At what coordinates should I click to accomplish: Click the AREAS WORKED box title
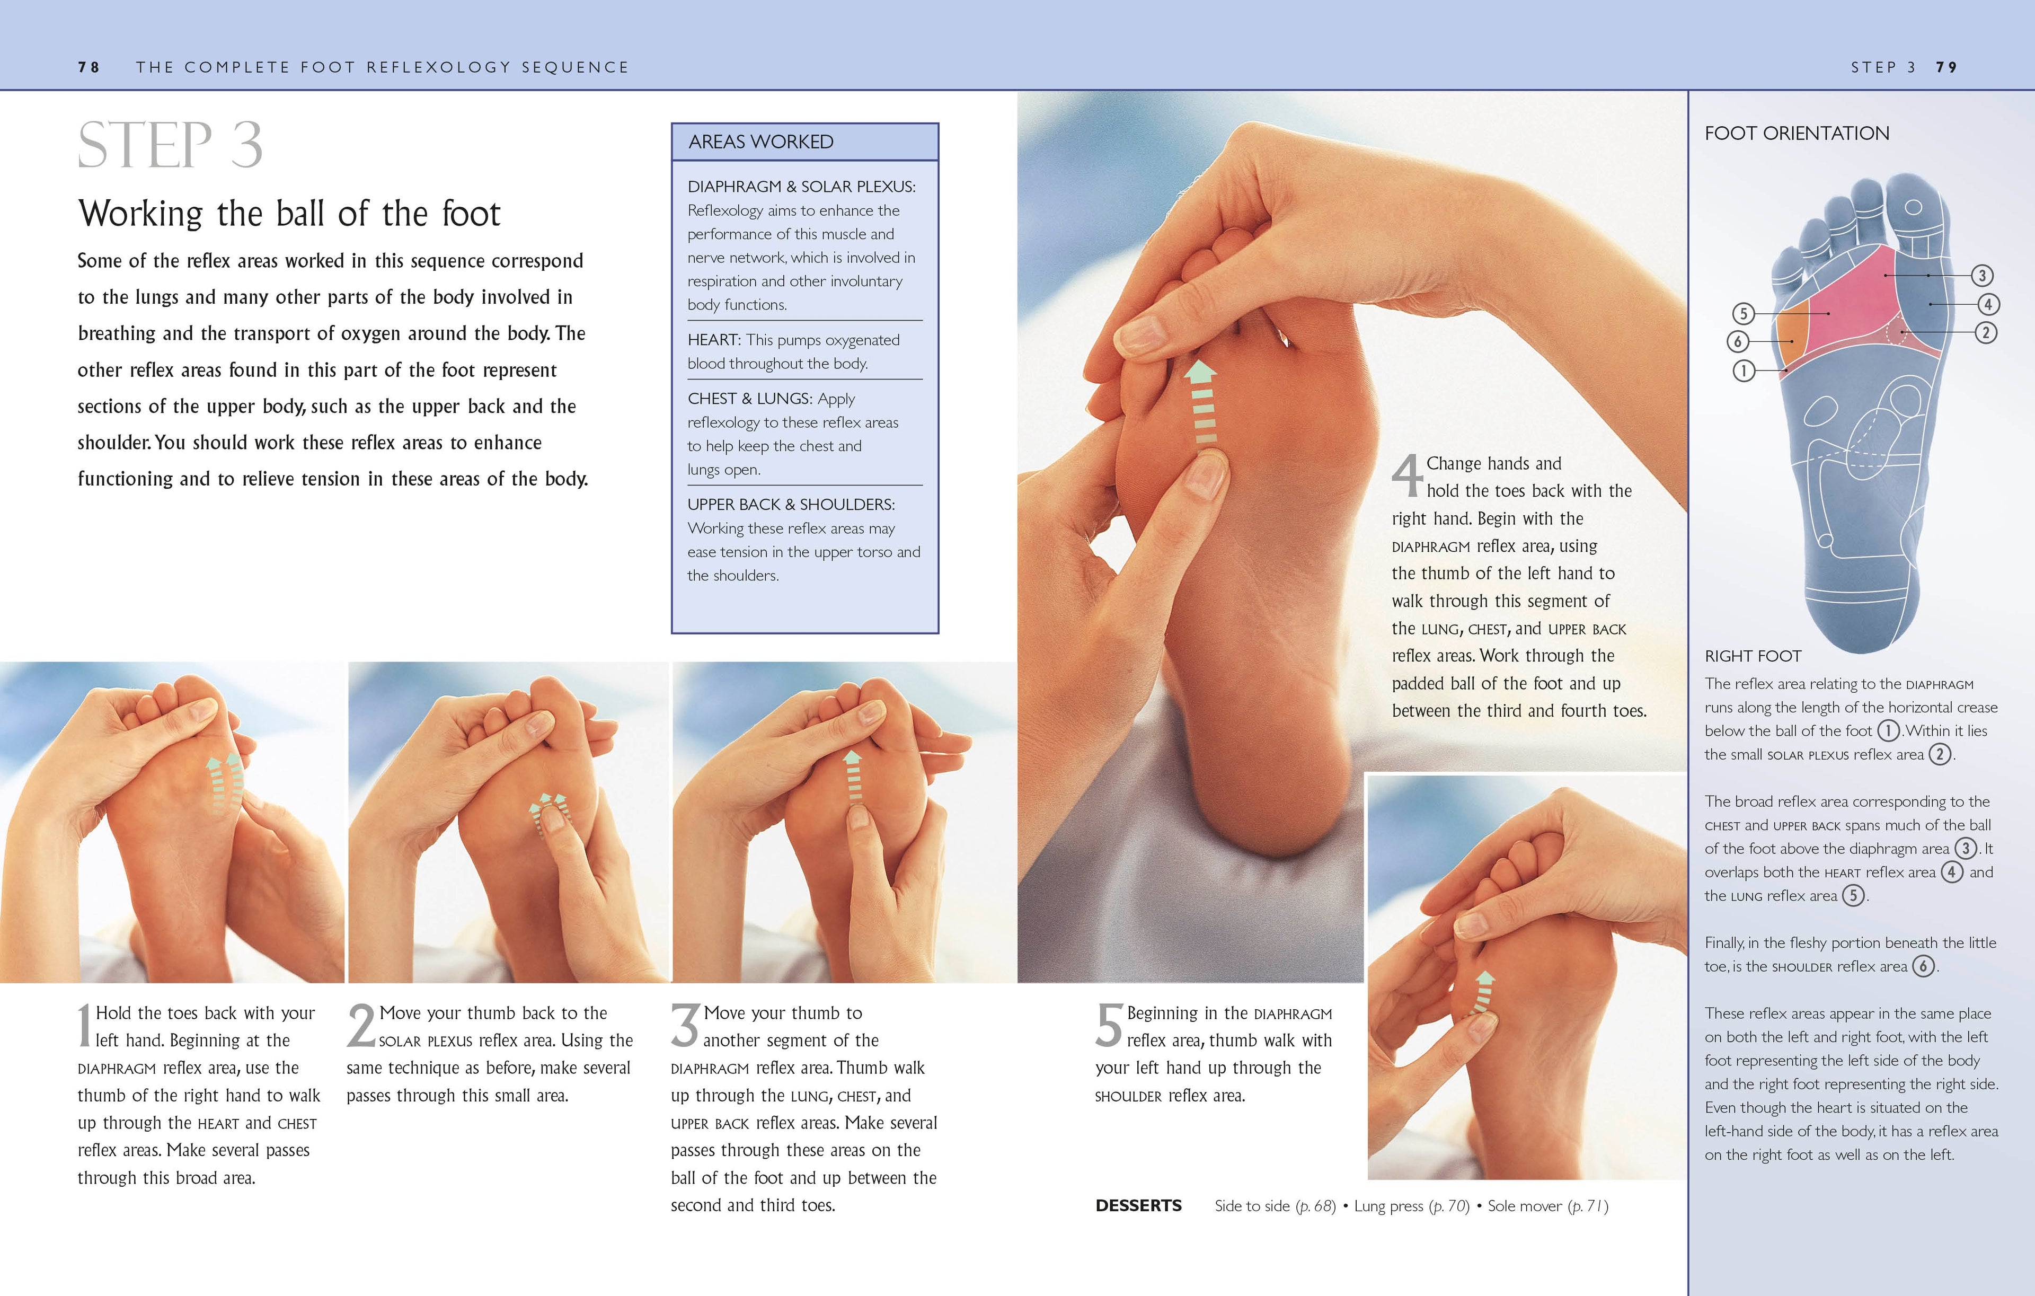(760, 142)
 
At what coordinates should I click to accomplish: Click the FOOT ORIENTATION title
(1796, 134)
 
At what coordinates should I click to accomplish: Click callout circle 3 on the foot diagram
(1982, 276)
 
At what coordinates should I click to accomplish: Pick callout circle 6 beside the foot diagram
(1738, 341)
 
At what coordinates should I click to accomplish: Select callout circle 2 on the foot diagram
(1986, 333)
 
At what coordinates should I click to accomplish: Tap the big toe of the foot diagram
(1914, 210)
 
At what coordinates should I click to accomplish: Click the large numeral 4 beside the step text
(1407, 476)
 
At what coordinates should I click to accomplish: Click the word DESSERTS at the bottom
(1138, 1205)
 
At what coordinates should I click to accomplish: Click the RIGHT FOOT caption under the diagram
(1753, 656)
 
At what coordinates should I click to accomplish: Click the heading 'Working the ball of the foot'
(289, 214)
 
